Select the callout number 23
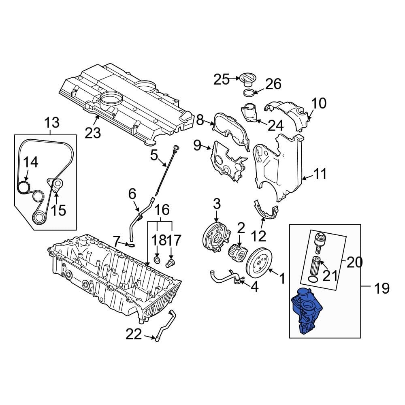click(93, 132)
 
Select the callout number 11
click(320, 175)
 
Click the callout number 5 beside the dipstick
click(153, 155)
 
